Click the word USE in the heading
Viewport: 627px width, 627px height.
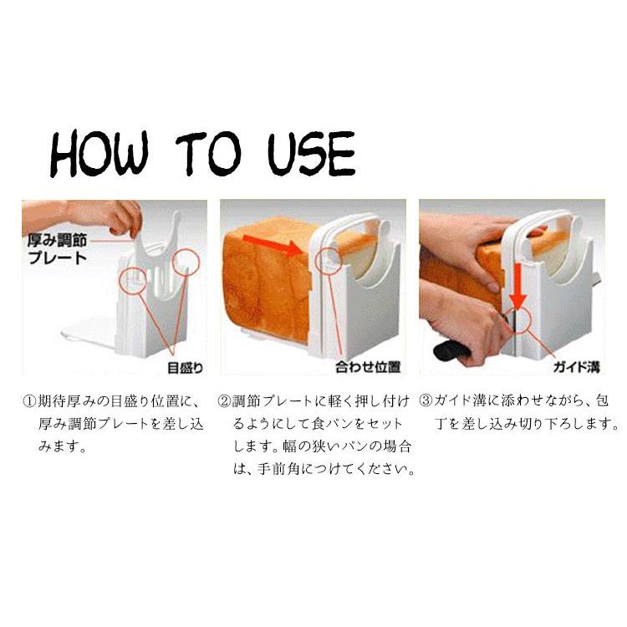tap(311, 154)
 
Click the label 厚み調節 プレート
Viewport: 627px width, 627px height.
tap(57, 249)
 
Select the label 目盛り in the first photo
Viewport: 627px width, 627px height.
tap(185, 367)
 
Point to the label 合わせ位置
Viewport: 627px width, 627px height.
tap(368, 367)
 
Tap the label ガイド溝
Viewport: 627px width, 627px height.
tap(576, 366)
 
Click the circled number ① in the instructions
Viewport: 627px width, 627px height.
tap(29, 401)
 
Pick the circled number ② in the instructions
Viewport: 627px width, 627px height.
tap(224, 401)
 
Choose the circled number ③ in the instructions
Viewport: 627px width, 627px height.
tap(426, 401)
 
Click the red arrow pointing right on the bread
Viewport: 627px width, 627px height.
tap(273, 244)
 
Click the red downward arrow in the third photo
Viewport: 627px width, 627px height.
tap(518, 286)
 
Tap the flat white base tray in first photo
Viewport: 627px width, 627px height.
tap(90, 329)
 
